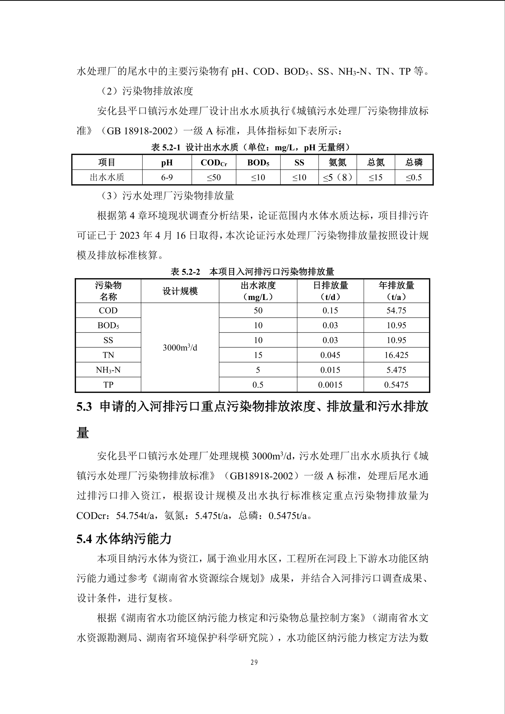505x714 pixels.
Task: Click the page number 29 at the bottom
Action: pos(254,662)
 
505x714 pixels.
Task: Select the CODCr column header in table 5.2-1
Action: pos(214,163)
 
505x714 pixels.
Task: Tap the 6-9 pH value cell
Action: pos(167,177)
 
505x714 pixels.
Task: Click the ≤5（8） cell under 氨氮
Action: pos(337,177)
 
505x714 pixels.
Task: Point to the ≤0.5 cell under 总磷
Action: pos(414,177)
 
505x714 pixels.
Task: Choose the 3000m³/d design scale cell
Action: pos(180,347)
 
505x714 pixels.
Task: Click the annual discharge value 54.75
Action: pos(396,311)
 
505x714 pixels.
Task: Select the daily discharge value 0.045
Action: pos(330,355)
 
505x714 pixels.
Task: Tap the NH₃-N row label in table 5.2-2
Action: pos(108,370)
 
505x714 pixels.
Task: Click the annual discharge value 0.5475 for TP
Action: pos(396,385)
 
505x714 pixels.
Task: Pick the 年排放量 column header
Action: pos(396,285)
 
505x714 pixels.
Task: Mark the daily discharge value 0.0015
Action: pos(330,385)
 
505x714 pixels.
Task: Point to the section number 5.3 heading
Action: pos(84,407)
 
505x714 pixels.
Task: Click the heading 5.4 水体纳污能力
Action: pos(124,539)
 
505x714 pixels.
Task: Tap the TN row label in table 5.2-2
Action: pos(108,355)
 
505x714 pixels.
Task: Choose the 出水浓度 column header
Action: pos(258,285)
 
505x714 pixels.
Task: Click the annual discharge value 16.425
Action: pos(396,355)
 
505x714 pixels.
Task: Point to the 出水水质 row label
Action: pos(107,177)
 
